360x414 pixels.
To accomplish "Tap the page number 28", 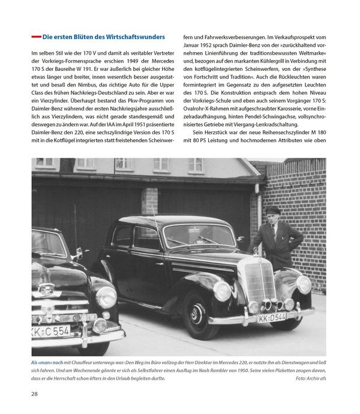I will [x=35, y=394].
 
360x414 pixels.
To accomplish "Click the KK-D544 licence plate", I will [x=272, y=317].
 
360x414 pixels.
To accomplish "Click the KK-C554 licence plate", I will [x=51, y=330].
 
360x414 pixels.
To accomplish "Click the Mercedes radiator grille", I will [x=260, y=283].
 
